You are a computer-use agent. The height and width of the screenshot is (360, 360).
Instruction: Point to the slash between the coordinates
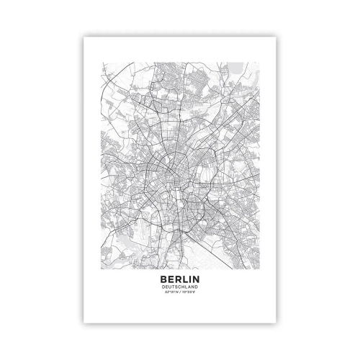(x=180, y=291)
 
